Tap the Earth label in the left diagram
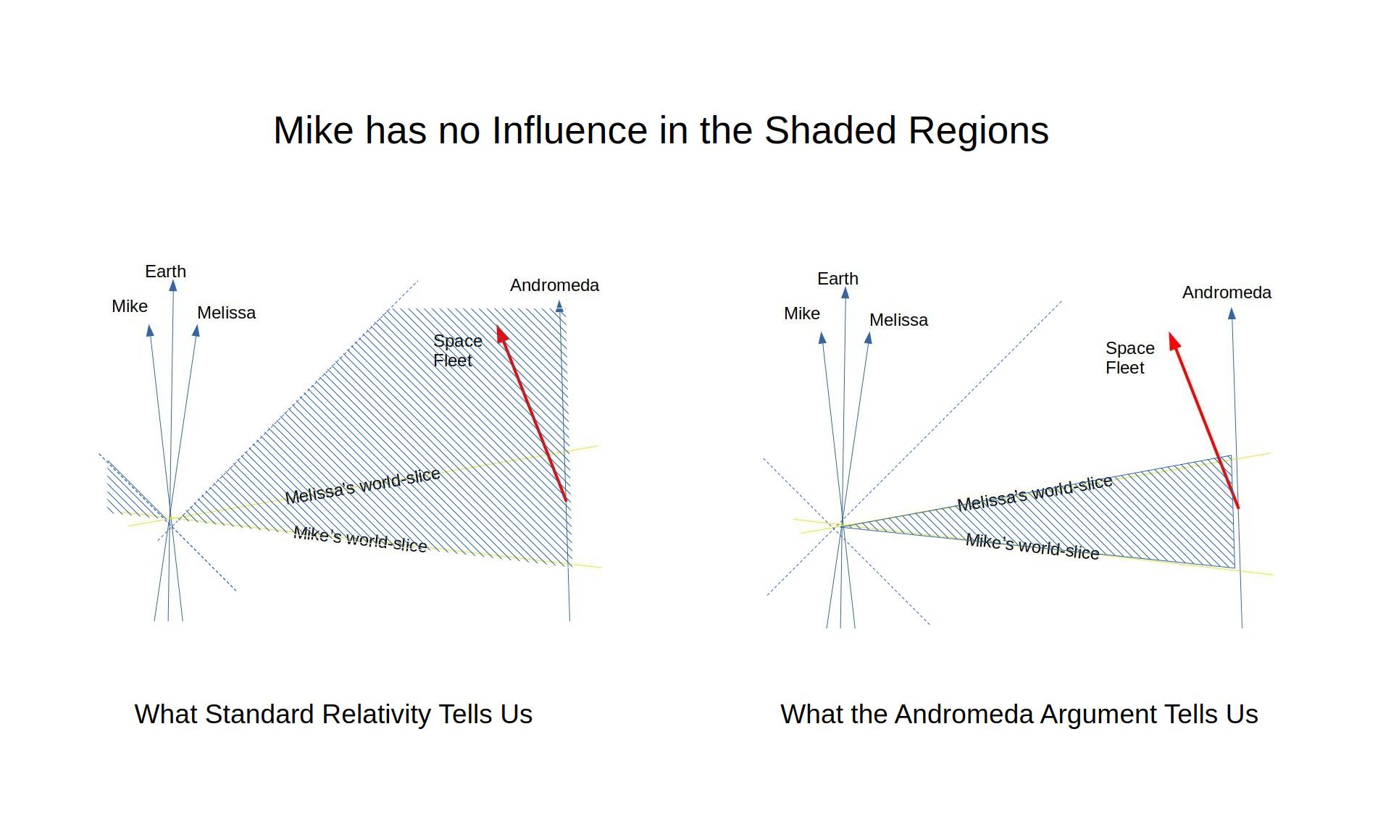pyautogui.click(x=165, y=271)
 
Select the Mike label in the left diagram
pyautogui.click(x=130, y=306)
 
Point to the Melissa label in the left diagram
pyautogui.click(x=227, y=313)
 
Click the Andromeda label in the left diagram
pyautogui.click(x=554, y=285)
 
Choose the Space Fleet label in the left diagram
pyautogui.click(x=457, y=350)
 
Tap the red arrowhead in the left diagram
pyautogui.click(x=501, y=334)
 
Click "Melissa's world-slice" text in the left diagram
pyautogui.click(x=362, y=486)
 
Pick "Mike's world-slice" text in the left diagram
pyautogui.click(x=360, y=539)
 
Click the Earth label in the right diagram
pyautogui.click(x=837, y=279)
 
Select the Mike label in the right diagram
pyautogui.click(x=802, y=313)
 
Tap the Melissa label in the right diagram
pyautogui.click(x=898, y=320)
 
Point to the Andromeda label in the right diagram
pyautogui.click(x=1227, y=292)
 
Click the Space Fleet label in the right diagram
pyautogui.click(x=1129, y=358)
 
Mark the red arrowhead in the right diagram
pyautogui.click(x=1174, y=341)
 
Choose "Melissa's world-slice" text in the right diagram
pyautogui.click(x=1035, y=493)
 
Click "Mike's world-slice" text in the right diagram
pyautogui.click(x=1032, y=547)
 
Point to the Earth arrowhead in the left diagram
pyautogui.click(x=172, y=285)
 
